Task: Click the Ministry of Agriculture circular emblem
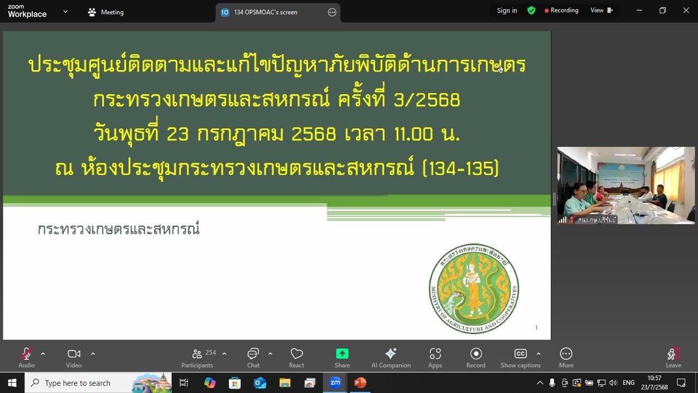coord(474,289)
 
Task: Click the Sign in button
coord(507,10)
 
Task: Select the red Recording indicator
coord(561,10)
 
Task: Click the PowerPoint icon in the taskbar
coord(360,383)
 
